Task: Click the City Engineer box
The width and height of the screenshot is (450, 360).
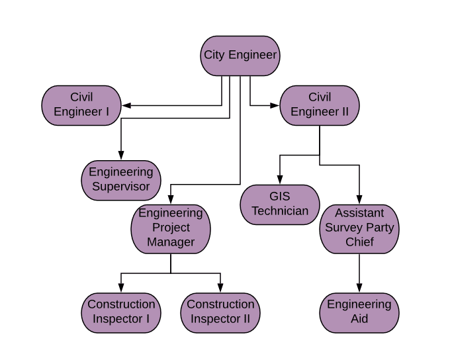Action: coord(240,56)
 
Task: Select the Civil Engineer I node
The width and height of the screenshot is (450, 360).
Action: coord(81,105)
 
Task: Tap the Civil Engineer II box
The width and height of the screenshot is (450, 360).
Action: coord(320,105)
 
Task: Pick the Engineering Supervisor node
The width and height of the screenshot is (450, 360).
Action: coord(121,180)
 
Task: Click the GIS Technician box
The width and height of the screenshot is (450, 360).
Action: coord(280,204)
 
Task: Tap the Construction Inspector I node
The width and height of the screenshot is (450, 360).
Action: coord(121,312)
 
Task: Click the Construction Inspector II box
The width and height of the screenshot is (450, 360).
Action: coord(220,312)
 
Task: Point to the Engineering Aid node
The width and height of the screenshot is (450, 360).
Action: coord(359,312)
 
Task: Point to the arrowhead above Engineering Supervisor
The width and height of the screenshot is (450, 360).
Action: coord(121,156)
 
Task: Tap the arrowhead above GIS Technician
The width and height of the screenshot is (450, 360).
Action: coord(280,180)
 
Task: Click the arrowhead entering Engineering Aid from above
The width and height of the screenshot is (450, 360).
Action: coord(359,288)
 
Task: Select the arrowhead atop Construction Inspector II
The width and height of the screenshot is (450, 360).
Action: coord(220,288)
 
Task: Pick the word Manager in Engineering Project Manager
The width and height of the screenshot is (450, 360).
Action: coord(171,242)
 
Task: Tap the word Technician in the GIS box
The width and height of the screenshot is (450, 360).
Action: coord(280,212)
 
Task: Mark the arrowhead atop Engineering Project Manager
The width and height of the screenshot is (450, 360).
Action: coord(171,199)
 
